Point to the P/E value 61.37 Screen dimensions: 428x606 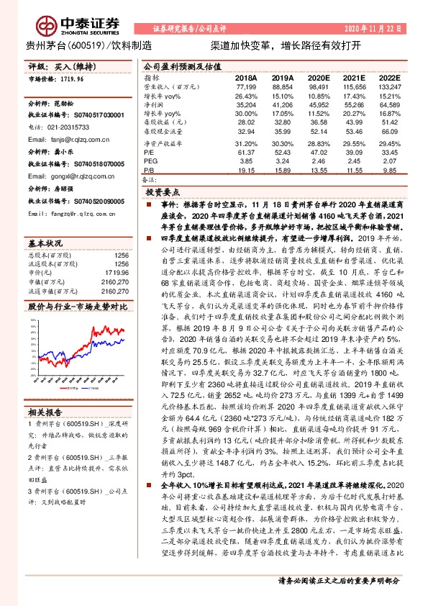pyautogui.click(x=246, y=152)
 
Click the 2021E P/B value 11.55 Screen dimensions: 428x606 pyautogui.click(x=353, y=170)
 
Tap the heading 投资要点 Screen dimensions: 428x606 pyautogui.click(x=163, y=194)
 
